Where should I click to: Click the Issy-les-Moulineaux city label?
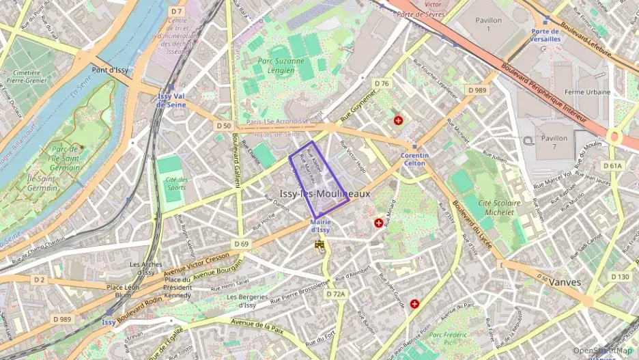click(324, 194)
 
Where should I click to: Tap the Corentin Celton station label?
click(414, 159)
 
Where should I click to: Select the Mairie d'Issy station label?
click(320, 225)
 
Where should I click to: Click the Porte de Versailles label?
click(545, 35)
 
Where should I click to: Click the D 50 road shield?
click(223, 126)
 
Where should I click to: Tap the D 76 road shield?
click(382, 83)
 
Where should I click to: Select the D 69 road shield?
click(241, 243)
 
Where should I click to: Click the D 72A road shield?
click(336, 294)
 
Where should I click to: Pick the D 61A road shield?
click(612, 165)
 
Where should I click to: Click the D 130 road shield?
click(620, 277)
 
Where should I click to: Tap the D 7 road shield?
click(177, 11)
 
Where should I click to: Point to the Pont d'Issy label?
click(110, 70)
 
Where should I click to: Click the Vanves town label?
click(564, 281)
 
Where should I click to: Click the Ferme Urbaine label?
click(588, 92)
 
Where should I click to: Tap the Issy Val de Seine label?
click(171, 100)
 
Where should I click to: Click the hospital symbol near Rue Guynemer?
click(398, 120)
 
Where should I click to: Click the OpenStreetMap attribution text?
click(602, 350)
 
